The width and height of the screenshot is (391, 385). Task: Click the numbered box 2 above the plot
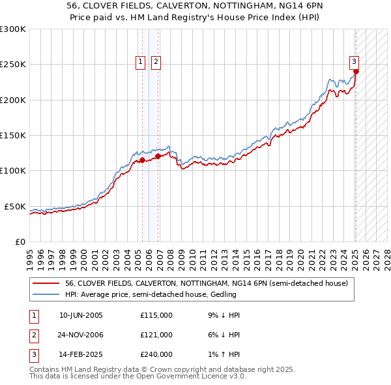point(157,62)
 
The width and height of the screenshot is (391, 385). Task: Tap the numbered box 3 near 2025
point(354,62)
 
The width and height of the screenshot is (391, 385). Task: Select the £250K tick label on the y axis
point(14,65)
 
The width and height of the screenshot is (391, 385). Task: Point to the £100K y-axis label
point(14,170)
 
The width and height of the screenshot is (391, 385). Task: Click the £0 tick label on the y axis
point(20,241)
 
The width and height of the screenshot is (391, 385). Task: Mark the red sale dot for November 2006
point(158,156)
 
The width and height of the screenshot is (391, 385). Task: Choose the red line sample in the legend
point(46,284)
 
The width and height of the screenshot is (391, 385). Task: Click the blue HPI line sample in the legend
point(46,294)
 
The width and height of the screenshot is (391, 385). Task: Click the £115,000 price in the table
point(156,315)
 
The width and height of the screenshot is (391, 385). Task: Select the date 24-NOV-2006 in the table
point(81,335)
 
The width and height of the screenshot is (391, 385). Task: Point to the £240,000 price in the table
point(156,354)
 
